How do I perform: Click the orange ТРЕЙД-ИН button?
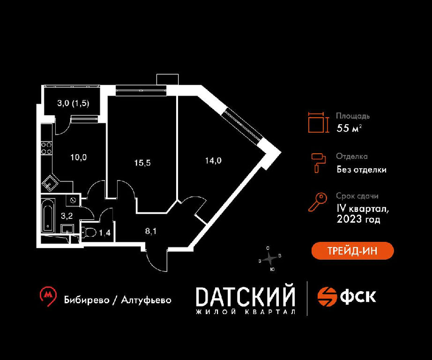352,251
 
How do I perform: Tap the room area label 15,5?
142,163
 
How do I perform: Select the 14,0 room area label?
213,160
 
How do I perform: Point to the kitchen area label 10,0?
79,157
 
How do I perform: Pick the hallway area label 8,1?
151,231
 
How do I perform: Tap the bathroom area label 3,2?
67,216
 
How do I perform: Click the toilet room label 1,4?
104,233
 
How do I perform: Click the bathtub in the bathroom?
48,215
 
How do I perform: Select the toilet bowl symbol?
89,232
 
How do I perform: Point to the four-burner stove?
46,148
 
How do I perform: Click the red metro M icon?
48,296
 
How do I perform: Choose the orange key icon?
317,202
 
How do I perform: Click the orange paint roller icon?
318,163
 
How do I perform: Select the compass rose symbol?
269,259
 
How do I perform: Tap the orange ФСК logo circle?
328,297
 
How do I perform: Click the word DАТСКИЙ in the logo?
245,297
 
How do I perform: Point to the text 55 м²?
349,128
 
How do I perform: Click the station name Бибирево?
87,300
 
